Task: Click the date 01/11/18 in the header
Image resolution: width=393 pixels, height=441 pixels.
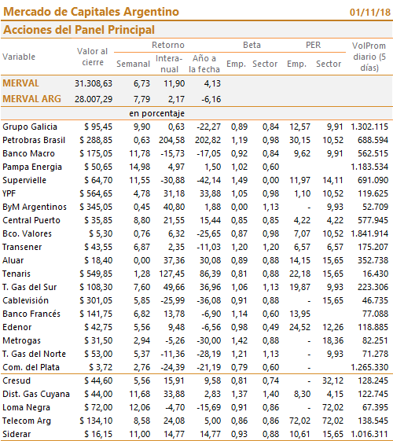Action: pyautogui.click(x=370, y=12)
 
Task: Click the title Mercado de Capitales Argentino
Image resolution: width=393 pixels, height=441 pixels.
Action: pyautogui.click(x=91, y=12)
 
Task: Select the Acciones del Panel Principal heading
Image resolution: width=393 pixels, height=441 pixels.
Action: pyautogui.click(x=79, y=30)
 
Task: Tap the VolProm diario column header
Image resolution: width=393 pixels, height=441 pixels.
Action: pyautogui.click(x=369, y=57)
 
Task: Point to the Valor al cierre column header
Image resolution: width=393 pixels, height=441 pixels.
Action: pyautogui.click(x=93, y=57)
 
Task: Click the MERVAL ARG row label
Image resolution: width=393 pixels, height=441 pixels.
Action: pyautogui.click(x=31, y=99)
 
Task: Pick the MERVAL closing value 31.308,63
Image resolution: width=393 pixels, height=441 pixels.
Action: pyautogui.click(x=94, y=83)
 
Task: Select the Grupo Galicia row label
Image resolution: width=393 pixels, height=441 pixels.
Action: pyautogui.click(x=30, y=127)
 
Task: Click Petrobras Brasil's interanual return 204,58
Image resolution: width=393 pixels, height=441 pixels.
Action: pyautogui.click(x=172, y=140)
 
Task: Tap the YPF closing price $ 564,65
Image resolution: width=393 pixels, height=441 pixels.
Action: pyautogui.click(x=96, y=193)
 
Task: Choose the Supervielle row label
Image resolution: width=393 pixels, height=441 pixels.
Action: pyautogui.click(x=24, y=180)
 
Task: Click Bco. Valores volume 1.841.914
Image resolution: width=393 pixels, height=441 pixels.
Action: pyautogui.click(x=369, y=233)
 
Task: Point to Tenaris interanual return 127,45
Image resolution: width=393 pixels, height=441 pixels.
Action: pyautogui.click(x=172, y=274)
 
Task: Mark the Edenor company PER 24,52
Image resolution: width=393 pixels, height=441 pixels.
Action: pyautogui.click(x=300, y=327)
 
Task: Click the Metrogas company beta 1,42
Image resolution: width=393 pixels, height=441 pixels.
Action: pyautogui.click(x=239, y=340)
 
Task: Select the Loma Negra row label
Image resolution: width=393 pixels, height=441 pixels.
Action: pyautogui.click(x=27, y=407)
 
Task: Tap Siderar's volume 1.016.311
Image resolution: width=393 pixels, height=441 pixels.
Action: pyautogui.click(x=369, y=434)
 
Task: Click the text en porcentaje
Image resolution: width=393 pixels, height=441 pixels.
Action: pyautogui.click(x=157, y=113)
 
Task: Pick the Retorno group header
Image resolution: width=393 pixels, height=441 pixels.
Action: pyautogui.click(x=168, y=45)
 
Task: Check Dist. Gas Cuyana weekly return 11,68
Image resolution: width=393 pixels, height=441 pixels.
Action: pyautogui.click(x=140, y=394)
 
